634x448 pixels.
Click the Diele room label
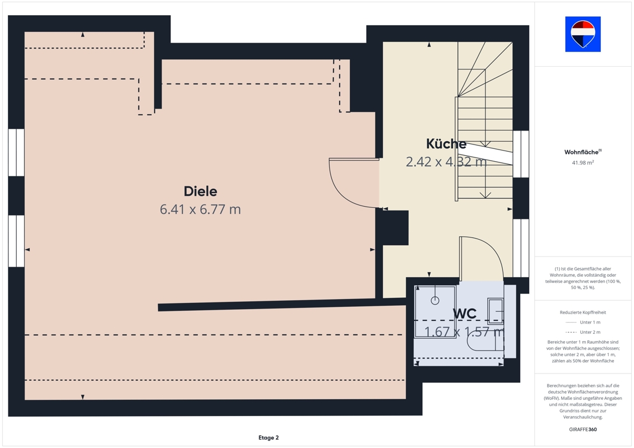[201, 191]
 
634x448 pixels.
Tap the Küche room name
[446, 144]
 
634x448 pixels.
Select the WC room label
[465, 314]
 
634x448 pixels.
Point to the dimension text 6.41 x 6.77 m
[201, 209]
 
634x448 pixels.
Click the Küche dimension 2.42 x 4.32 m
[446, 162]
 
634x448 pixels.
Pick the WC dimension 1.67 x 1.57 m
[464, 332]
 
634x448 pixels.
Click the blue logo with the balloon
[582, 34]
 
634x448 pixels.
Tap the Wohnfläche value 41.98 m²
[582, 163]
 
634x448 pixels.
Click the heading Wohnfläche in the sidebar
[581, 152]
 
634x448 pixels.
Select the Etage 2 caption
[269, 437]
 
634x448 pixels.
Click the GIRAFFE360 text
[582, 430]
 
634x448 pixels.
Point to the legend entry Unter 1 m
[590, 323]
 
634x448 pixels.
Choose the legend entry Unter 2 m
[590, 332]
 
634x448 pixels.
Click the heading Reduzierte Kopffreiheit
[582, 312]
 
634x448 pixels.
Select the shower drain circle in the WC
[435, 300]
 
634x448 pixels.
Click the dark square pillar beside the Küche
[395, 227]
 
